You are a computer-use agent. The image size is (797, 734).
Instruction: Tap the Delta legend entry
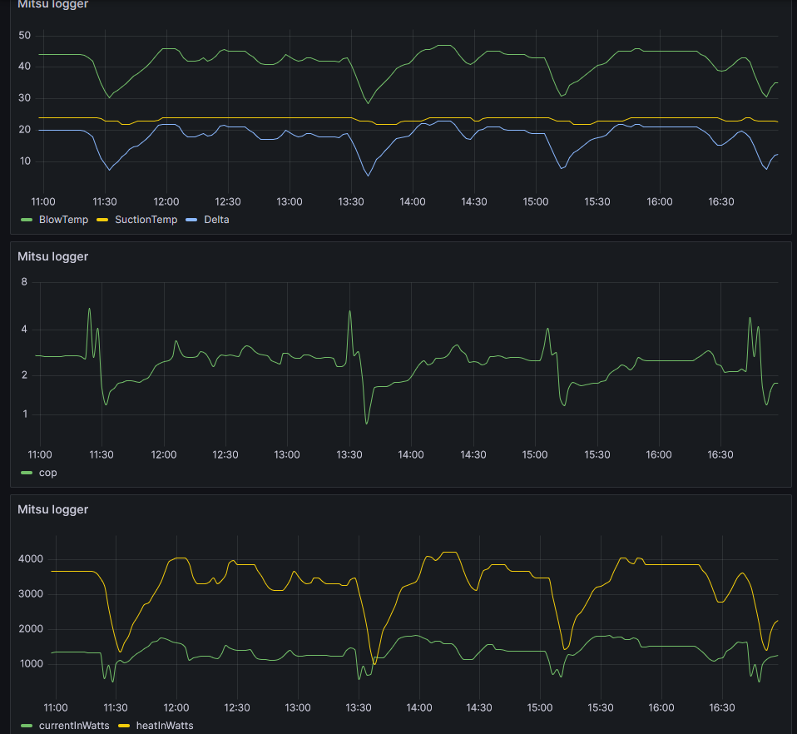(x=215, y=220)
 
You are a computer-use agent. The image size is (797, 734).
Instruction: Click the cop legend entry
(x=48, y=473)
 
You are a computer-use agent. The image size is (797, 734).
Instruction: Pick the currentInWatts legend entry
(x=73, y=726)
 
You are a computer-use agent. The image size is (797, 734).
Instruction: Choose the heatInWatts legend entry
(x=164, y=726)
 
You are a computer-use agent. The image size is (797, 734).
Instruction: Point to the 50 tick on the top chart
(x=24, y=36)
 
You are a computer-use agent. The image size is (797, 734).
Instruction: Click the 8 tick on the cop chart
(x=24, y=282)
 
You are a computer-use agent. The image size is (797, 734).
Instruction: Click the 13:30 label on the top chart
(x=351, y=201)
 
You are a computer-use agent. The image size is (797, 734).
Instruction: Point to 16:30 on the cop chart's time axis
(x=720, y=454)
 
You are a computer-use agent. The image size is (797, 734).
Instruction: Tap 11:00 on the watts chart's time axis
(x=56, y=707)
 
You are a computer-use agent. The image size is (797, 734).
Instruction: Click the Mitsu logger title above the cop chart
(x=52, y=256)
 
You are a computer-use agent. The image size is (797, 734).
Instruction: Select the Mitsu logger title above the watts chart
(x=52, y=509)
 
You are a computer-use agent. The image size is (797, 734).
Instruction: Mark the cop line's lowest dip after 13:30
(x=367, y=424)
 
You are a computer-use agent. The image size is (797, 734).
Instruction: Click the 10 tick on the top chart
(x=24, y=161)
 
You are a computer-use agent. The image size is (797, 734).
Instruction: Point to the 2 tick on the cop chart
(x=24, y=375)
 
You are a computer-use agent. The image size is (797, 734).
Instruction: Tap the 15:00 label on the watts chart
(x=540, y=707)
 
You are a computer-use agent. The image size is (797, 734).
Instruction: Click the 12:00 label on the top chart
(x=166, y=201)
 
